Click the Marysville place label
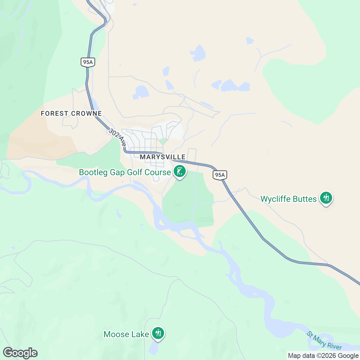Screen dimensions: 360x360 tap(163, 157)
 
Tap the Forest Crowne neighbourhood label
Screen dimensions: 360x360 tap(71, 113)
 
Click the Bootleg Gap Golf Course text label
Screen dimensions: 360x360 tap(125, 172)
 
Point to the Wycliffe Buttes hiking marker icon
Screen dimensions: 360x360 tap(326, 198)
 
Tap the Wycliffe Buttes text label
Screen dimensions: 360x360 tap(288, 199)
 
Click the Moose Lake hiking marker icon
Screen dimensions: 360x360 tap(158, 333)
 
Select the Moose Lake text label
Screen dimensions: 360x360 tap(126, 334)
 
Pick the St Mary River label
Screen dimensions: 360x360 tap(324, 340)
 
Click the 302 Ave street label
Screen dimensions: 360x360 tap(117, 137)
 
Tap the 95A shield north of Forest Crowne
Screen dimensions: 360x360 tap(88, 62)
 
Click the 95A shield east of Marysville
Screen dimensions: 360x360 tap(220, 175)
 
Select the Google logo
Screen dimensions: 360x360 tap(20, 353)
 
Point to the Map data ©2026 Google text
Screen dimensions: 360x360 tap(323, 356)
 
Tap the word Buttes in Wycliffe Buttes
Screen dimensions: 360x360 tap(305, 199)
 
